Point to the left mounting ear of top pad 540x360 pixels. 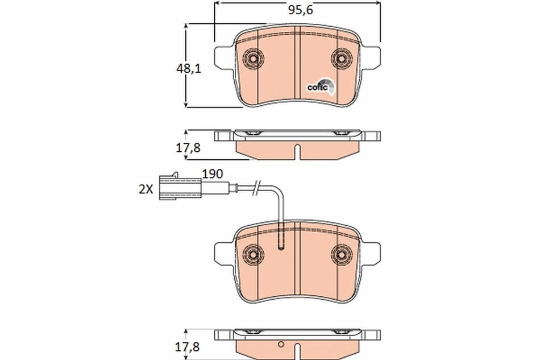coord(223,57)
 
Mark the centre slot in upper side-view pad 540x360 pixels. coord(297,152)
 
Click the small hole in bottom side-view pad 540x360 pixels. coord(281,344)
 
